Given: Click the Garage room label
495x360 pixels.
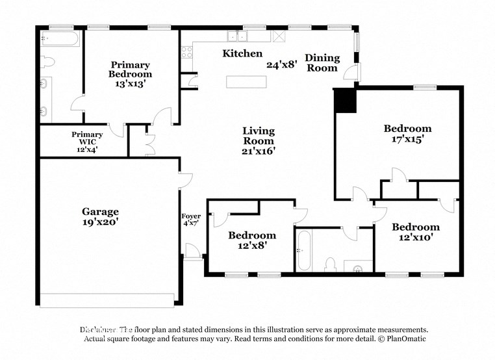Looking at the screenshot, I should pyautogui.click(x=100, y=211).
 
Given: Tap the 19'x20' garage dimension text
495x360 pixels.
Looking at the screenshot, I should pyautogui.click(x=100, y=222).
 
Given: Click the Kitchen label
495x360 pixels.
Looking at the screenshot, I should pyautogui.click(x=242, y=53).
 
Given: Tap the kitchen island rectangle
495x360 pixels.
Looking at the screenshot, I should pyautogui.click(x=246, y=82).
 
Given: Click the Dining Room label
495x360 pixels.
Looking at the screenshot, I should pyautogui.click(x=322, y=62).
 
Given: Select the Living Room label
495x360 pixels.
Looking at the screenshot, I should pyautogui.click(x=259, y=136).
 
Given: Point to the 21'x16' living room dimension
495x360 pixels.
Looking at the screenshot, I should pyautogui.click(x=259, y=151).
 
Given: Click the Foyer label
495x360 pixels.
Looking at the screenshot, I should pyautogui.click(x=190, y=216).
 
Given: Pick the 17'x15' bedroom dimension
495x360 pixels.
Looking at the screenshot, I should pyautogui.click(x=407, y=139).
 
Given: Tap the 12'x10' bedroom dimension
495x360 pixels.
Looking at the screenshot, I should pyautogui.click(x=415, y=238).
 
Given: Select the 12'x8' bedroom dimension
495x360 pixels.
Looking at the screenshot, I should pyautogui.click(x=251, y=246).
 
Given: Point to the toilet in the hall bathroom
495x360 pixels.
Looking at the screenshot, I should pyautogui.click(x=329, y=264).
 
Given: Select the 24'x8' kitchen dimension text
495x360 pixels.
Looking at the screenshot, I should pyautogui.click(x=281, y=64).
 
